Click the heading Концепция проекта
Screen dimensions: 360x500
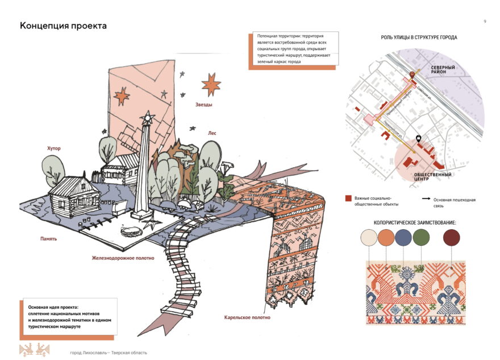(63, 26)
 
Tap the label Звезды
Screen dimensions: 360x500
(204, 105)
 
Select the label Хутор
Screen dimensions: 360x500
(54, 148)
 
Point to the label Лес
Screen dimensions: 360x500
(212, 133)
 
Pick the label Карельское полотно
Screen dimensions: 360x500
(247, 317)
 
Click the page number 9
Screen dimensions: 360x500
(485, 21)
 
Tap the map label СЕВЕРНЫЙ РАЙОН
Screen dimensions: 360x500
(443, 70)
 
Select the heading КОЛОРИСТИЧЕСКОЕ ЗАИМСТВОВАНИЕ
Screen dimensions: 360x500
(415, 222)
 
